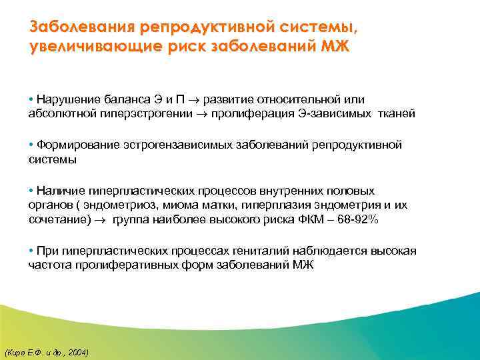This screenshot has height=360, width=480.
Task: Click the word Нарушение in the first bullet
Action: coord(65,99)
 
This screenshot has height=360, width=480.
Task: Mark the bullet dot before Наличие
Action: coord(32,190)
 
